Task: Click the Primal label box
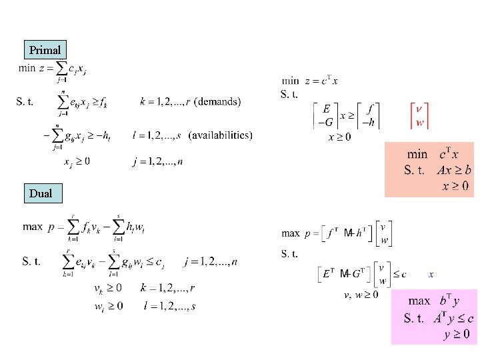coord(45,50)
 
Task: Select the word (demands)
coord(219,102)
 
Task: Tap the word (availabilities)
coord(221,135)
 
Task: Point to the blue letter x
coord(431,274)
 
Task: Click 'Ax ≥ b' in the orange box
coord(455,170)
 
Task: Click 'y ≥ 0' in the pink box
coord(457,333)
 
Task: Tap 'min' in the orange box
coord(417,155)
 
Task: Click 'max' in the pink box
coord(419,301)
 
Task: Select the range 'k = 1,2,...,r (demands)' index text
coord(191,102)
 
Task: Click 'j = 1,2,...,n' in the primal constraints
coord(158,161)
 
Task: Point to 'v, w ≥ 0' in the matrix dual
coord(361,295)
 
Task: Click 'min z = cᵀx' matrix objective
coord(311,81)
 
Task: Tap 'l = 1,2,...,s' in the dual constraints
coord(169,306)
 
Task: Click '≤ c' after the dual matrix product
coord(399,274)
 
